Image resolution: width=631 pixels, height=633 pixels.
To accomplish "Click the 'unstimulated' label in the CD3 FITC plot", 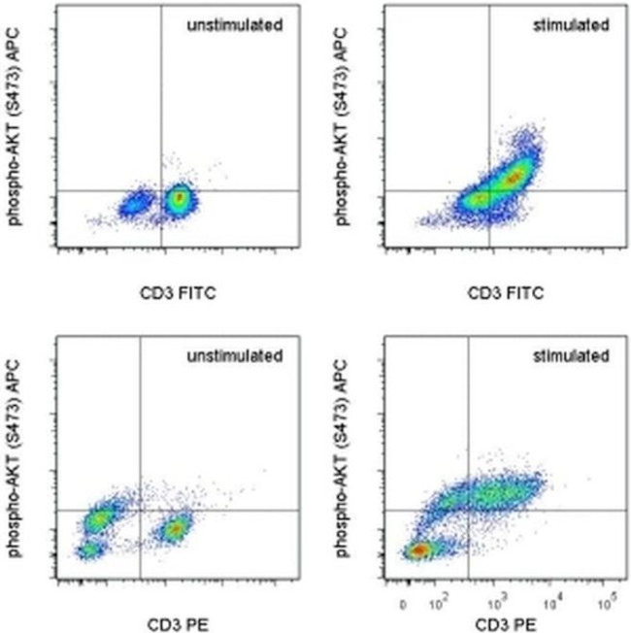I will pyautogui.click(x=235, y=24).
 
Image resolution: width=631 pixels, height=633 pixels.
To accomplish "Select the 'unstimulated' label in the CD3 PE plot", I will pyautogui.click(x=235, y=355).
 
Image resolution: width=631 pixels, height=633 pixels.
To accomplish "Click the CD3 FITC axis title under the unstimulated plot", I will pyautogui.click(x=176, y=291).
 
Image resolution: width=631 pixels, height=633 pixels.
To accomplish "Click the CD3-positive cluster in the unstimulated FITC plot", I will pyautogui.click(x=178, y=200).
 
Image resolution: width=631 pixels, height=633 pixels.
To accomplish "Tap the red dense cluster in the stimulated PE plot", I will pyautogui.click(x=417, y=550).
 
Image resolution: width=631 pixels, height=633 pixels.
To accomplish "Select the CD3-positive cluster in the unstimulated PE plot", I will pyautogui.click(x=176, y=529).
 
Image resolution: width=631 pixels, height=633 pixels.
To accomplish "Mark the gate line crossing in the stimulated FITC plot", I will pyautogui.click(x=488, y=190).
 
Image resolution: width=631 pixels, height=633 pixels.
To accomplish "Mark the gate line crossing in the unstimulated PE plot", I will pyautogui.click(x=141, y=511).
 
